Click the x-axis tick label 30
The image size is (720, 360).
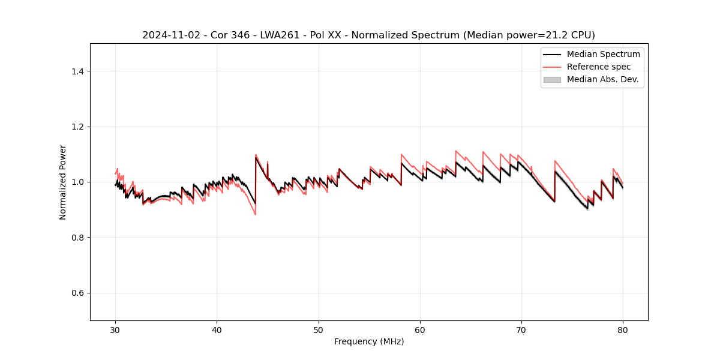pyautogui.click(x=115, y=329)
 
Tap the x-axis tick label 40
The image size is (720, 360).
pyautogui.click(x=217, y=329)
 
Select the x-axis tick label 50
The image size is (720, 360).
pyautogui.click(x=319, y=329)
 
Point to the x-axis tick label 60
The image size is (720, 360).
pyautogui.click(x=420, y=329)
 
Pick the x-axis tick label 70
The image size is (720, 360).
pyautogui.click(x=521, y=329)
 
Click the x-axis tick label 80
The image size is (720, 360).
pyautogui.click(x=623, y=329)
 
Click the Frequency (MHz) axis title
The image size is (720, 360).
pyautogui.click(x=369, y=341)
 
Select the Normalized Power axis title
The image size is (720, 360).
pyautogui.click(x=63, y=182)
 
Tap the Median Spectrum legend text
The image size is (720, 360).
pyautogui.click(x=604, y=54)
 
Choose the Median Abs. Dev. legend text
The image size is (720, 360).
pyautogui.click(x=603, y=79)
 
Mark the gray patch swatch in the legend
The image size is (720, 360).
pyautogui.click(x=552, y=79)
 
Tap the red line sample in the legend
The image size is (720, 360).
pyautogui.click(x=552, y=67)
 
